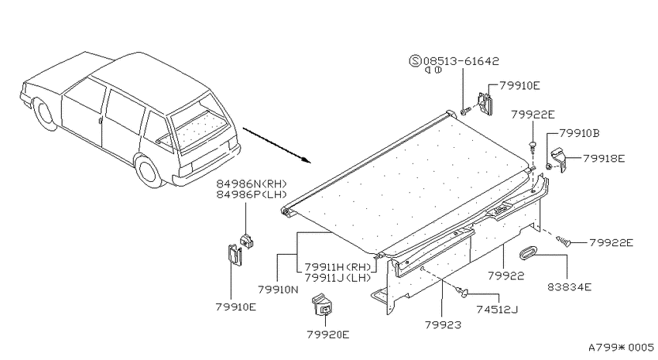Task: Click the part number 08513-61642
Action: click(461, 61)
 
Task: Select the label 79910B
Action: click(579, 133)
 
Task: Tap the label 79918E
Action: click(604, 159)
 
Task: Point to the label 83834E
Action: click(570, 287)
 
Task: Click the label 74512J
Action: click(497, 310)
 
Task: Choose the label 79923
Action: click(443, 324)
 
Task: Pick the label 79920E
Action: click(327, 334)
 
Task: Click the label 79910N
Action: click(278, 290)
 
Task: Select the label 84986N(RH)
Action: click(252, 183)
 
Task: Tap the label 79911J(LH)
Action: click(338, 277)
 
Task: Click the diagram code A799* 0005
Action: click(621, 348)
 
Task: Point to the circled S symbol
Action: click(415, 61)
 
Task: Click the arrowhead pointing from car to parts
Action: click(306, 159)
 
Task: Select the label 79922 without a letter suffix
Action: click(506, 276)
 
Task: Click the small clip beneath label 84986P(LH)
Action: click(246, 242)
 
